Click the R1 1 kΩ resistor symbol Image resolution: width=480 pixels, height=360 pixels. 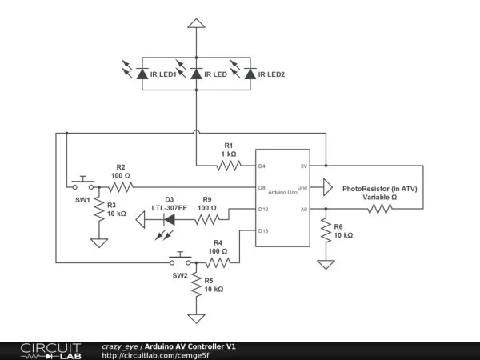[227, 166]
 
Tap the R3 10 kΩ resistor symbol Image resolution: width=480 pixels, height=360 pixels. [98, 211]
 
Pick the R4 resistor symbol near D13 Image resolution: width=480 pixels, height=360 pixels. [219, 261]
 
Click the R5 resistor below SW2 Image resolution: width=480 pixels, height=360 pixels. [194, 287]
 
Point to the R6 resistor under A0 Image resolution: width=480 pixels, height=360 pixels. [326, 233]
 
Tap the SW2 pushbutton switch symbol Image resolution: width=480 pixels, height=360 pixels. [180, 260]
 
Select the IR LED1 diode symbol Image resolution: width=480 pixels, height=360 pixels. [142, 74]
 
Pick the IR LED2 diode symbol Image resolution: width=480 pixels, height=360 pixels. [250, 74]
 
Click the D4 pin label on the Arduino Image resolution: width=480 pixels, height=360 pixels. [262, 166]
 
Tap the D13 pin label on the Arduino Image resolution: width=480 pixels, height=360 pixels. [263, 231]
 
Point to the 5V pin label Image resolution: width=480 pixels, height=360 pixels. [303, 166]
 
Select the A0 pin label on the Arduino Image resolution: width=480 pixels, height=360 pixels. [303, 210]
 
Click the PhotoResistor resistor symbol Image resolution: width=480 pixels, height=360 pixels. [380, 210]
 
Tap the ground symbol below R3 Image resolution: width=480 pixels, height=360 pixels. [98, 242]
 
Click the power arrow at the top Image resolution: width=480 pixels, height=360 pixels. [194, 25]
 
